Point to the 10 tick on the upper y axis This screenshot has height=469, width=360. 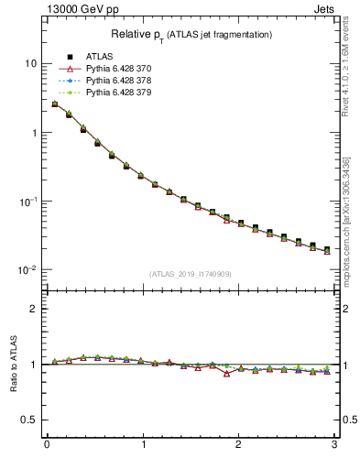(30, 63)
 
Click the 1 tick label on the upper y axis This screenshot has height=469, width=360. (33, 132)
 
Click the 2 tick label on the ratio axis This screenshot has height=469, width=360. (33, 309)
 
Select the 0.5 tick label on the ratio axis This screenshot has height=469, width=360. (29, 420)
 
